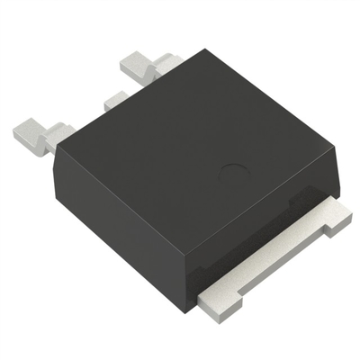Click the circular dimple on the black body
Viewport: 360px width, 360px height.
pos(232,168)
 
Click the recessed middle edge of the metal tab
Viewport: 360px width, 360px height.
pos(270,256)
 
